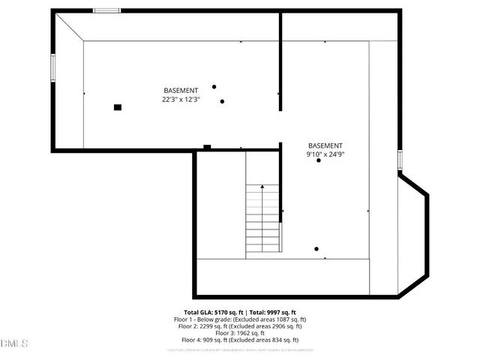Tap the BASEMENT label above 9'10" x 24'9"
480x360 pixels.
click(325, 145)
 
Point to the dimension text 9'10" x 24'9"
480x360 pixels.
click(325, 154)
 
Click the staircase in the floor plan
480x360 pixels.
click(264, 218)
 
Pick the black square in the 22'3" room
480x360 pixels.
click(118, 107)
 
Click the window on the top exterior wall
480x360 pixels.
click(106, 10)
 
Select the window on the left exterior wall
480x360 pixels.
click(52, 67)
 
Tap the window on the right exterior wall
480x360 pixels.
click(400, 160)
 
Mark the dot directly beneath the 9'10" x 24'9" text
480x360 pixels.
click(319, 160)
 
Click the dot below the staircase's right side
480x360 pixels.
click(316, 249)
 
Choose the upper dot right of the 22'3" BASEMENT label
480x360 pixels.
click(214, 87)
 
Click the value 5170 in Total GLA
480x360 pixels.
click(222, 312)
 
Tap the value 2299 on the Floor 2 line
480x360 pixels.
click(208, 326)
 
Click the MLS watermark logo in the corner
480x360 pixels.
click(13, 343)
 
